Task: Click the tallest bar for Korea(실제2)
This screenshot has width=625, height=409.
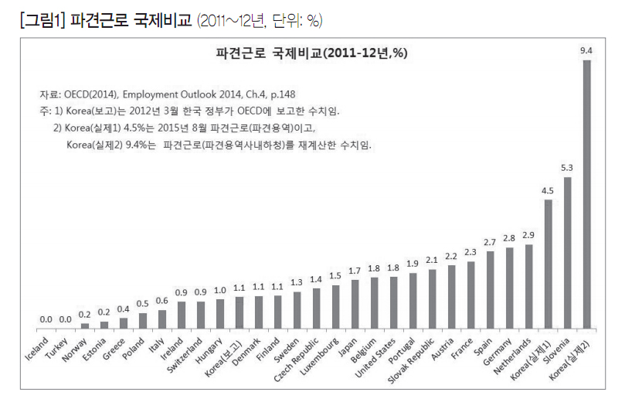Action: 586,193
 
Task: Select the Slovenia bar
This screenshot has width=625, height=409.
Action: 567,252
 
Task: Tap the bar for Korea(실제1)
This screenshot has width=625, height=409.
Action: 548,263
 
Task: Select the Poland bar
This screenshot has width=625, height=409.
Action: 142,319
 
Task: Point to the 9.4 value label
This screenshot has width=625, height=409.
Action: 586,51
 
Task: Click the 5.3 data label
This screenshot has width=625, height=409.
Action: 567,168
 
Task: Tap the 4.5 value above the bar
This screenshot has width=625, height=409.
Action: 548,190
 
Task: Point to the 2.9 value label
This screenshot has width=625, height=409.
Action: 528,235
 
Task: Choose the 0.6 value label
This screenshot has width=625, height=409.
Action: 161,301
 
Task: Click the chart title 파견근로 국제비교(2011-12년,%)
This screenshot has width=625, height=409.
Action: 312,53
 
